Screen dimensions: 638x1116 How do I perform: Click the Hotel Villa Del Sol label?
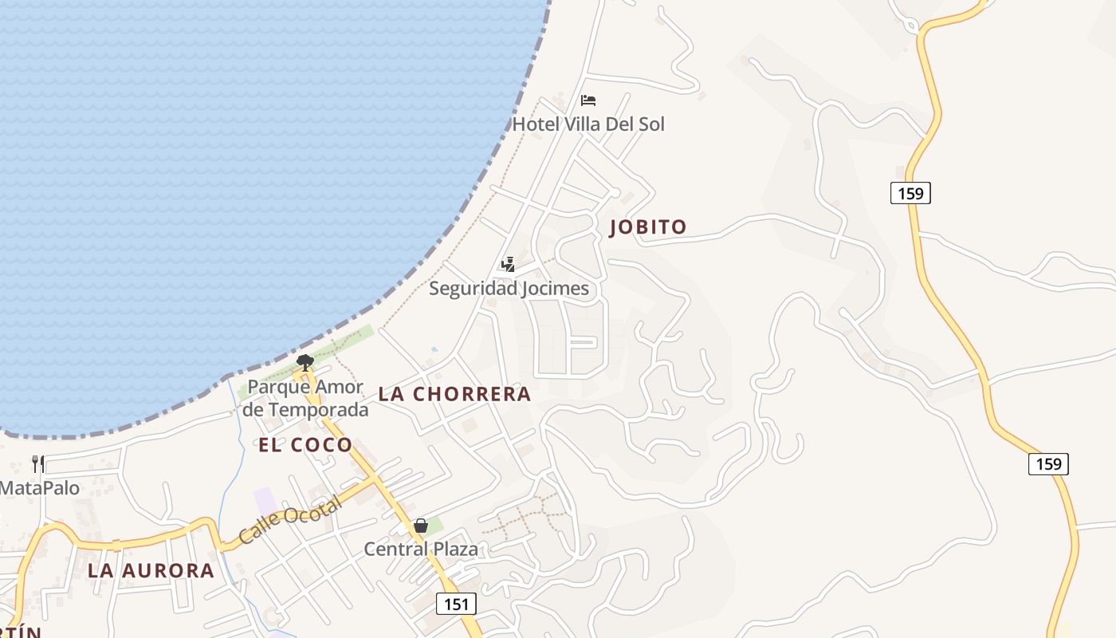coord(587,124)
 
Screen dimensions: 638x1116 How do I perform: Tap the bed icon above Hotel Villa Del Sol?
coord(588,100)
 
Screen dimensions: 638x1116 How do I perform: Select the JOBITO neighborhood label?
coord(647,227)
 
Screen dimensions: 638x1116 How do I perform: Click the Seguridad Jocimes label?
coord(509,288)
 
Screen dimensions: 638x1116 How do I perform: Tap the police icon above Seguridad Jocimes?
coord(508,264)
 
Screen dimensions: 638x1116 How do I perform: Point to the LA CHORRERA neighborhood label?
coord(454,394)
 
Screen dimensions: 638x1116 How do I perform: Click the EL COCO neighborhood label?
coord(305,445)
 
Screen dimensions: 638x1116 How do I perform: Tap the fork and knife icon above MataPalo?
coord(37,463)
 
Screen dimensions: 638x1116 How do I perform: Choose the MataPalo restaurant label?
coord(40,487)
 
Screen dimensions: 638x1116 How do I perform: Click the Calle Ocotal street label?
coord(291,520)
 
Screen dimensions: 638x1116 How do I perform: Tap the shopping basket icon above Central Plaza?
coord(421,526)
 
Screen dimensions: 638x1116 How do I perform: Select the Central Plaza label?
coord(421,549)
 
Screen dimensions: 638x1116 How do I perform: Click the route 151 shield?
coord(456,604)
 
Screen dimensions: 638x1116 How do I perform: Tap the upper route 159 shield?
coord(910,193)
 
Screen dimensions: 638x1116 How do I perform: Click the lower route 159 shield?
coord(1048,463)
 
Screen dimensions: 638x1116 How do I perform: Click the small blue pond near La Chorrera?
coord(434,349)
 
